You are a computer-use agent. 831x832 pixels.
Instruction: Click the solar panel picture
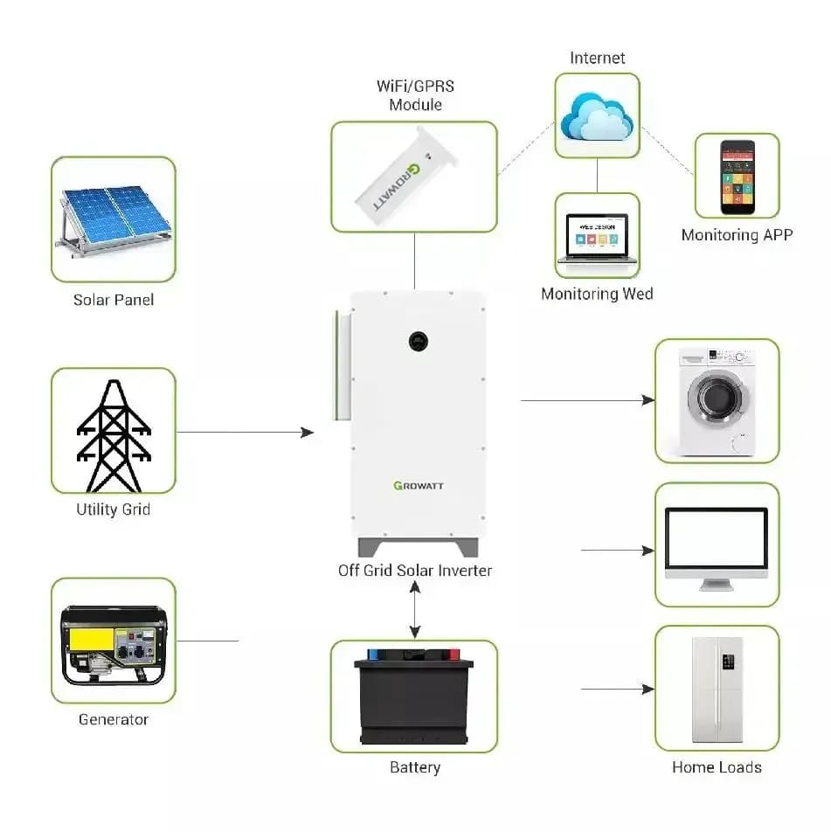pyautogui.click(x=114, y=219)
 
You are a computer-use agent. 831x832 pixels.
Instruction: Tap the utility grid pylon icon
pyautogui.click(x=114, y=435)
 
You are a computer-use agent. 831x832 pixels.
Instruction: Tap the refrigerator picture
pyautogui.click(x=717, y=688)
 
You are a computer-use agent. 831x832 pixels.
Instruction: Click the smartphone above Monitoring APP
pyautogui.click(x=737, y=177)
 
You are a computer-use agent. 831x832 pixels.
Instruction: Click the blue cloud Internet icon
pyautogui.click(x=597, y=115)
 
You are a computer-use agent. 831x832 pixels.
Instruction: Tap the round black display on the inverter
pyautogui.click(x=420, y=340)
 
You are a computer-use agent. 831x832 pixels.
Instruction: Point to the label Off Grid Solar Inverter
pyautogui.click(x=415, y=571)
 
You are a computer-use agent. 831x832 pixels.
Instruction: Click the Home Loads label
pyautogui.click(x=717, y=767)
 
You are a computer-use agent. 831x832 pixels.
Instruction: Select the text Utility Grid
pyautogui.click(x=114, y=509)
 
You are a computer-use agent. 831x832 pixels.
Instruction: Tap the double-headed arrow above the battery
pyautogui.click(x=415, y=611)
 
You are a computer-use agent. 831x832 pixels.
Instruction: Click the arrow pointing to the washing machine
pyautogui.click(x=587, y=400)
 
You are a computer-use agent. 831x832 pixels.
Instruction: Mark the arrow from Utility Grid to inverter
pyautogui.click(x=245, y=432)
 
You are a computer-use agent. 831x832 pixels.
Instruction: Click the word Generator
pyautogui.click(x=114, y=719)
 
